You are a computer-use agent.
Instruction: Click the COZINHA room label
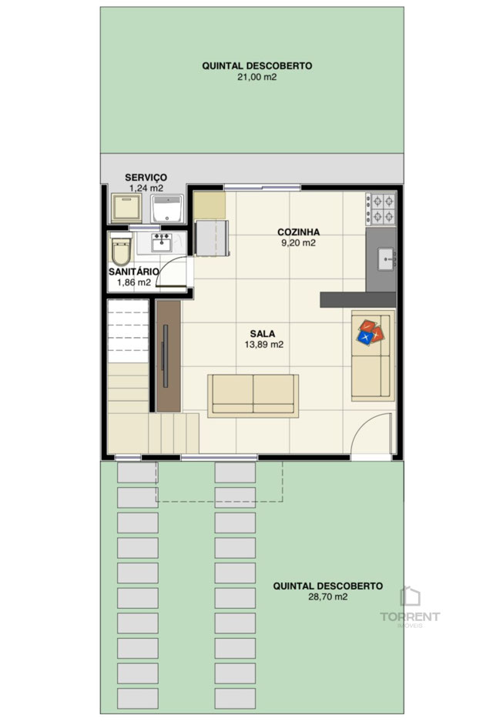click(298, 232)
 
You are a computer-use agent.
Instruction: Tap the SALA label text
click(263, 333)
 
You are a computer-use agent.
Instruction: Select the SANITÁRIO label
click(134, 272)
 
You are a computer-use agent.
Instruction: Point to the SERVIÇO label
click(146, 177)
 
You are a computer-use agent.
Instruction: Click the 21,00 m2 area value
click(257, 77)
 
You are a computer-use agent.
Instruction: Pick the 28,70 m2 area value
click(327, 597)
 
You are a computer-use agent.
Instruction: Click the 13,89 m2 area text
click(264, 345)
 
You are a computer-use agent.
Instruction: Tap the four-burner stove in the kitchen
click(381, 209)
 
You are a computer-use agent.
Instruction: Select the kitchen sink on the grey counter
click(387, 259)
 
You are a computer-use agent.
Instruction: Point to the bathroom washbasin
click(162, 243)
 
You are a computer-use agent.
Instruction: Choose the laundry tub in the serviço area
click(167, 209)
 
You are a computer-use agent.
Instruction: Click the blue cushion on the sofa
click(366, 336)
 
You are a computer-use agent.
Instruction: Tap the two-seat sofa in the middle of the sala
click(253, 396)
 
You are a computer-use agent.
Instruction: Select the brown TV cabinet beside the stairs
click(168, 356)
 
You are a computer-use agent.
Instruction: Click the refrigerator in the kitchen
click(212, 239)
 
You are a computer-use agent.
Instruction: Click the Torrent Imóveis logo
click(410, 607)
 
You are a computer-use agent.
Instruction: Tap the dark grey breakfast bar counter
click(357, 299)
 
